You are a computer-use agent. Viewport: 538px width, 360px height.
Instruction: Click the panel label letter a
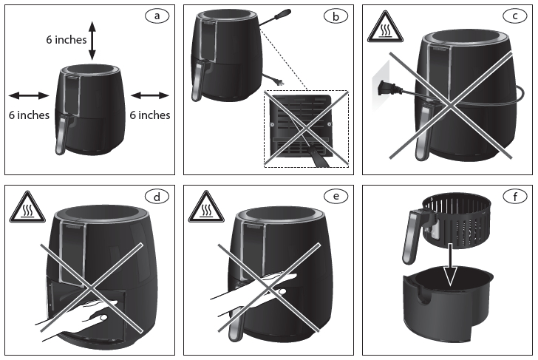coord(154,15)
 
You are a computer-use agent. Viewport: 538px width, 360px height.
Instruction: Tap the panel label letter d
coord(154,197)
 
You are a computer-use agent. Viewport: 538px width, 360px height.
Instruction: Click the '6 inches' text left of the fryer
coord(29,115)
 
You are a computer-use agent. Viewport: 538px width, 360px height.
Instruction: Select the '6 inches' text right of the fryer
coord(150,115)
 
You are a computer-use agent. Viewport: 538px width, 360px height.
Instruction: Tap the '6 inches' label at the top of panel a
coord(66,40)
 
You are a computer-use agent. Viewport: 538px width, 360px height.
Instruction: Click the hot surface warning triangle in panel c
coord(385,29)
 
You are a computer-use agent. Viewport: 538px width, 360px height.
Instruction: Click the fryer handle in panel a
coord(61,134)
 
